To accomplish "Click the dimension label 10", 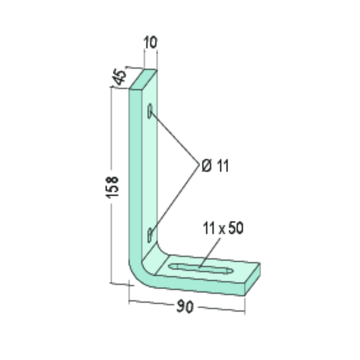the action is click(150, 42).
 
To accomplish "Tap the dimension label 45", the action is click(119, 77).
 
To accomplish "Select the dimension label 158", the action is click(112, 187).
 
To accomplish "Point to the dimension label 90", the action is click(185, 306).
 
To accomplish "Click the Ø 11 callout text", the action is click(215, 165).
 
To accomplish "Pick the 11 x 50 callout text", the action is click(223, 228).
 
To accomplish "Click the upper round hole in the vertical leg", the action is click(150, 111).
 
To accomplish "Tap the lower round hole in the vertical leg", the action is click(150, 235).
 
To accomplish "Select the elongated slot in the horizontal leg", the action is click(201, 268).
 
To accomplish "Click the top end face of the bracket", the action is click(143, 79).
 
